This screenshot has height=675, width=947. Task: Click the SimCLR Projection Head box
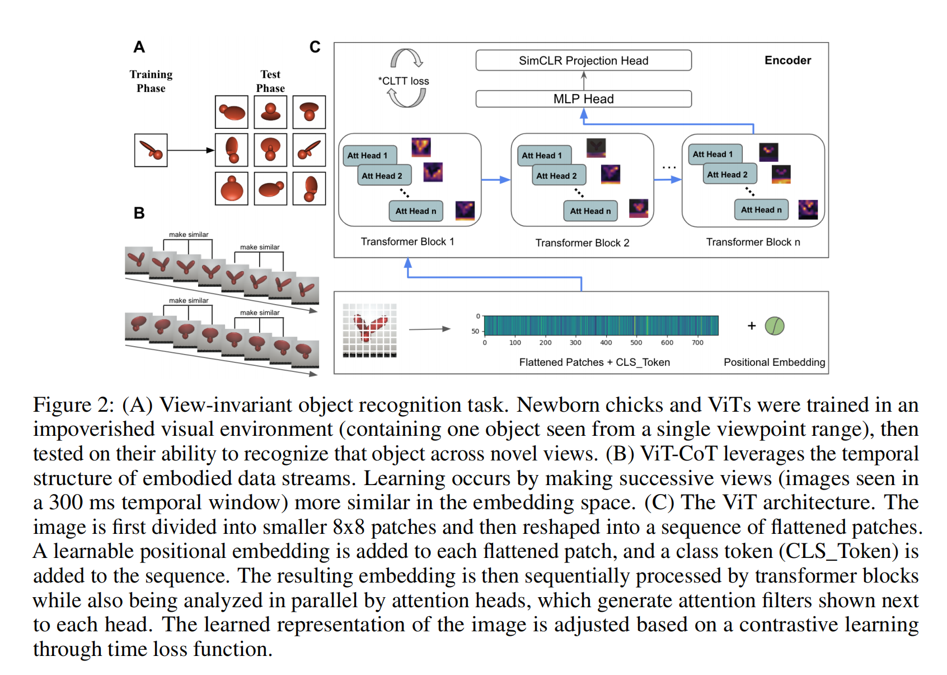click(x=583, y=60)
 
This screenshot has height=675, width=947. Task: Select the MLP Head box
click(x=583, y=99)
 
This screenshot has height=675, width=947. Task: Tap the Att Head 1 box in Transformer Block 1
click(x=367, y=155)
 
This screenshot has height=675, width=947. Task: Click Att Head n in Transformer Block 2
click(x=590, y=211)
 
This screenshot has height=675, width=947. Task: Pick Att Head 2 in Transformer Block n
click(x=728, y=175)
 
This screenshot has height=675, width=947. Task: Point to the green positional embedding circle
click(x=775, y=325)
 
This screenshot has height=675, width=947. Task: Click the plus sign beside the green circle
click(x=752, y=325)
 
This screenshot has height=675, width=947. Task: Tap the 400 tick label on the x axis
click(x=606, y=343)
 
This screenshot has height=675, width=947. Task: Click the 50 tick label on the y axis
click(x=475, y=331)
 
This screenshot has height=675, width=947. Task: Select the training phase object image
click(x=151, y=150)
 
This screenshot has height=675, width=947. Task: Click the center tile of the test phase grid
click(x=270, y=150)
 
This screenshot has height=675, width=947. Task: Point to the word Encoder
click(x=787, y=60)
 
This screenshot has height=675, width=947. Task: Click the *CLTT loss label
click(x=404, y=81)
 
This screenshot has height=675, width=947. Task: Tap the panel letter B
click(x=139, y=213)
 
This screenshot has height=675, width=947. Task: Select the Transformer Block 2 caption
click(x=582, y=243)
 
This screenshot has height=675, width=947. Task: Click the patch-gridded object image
click(x=370, y=330)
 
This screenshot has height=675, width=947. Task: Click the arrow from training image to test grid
click(x=191, y=150)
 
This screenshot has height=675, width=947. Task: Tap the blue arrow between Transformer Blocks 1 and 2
click(x=496, y=180)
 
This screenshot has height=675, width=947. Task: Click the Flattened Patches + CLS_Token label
click(x=594, y=362)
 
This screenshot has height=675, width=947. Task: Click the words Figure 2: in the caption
click(x=73, y=405)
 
